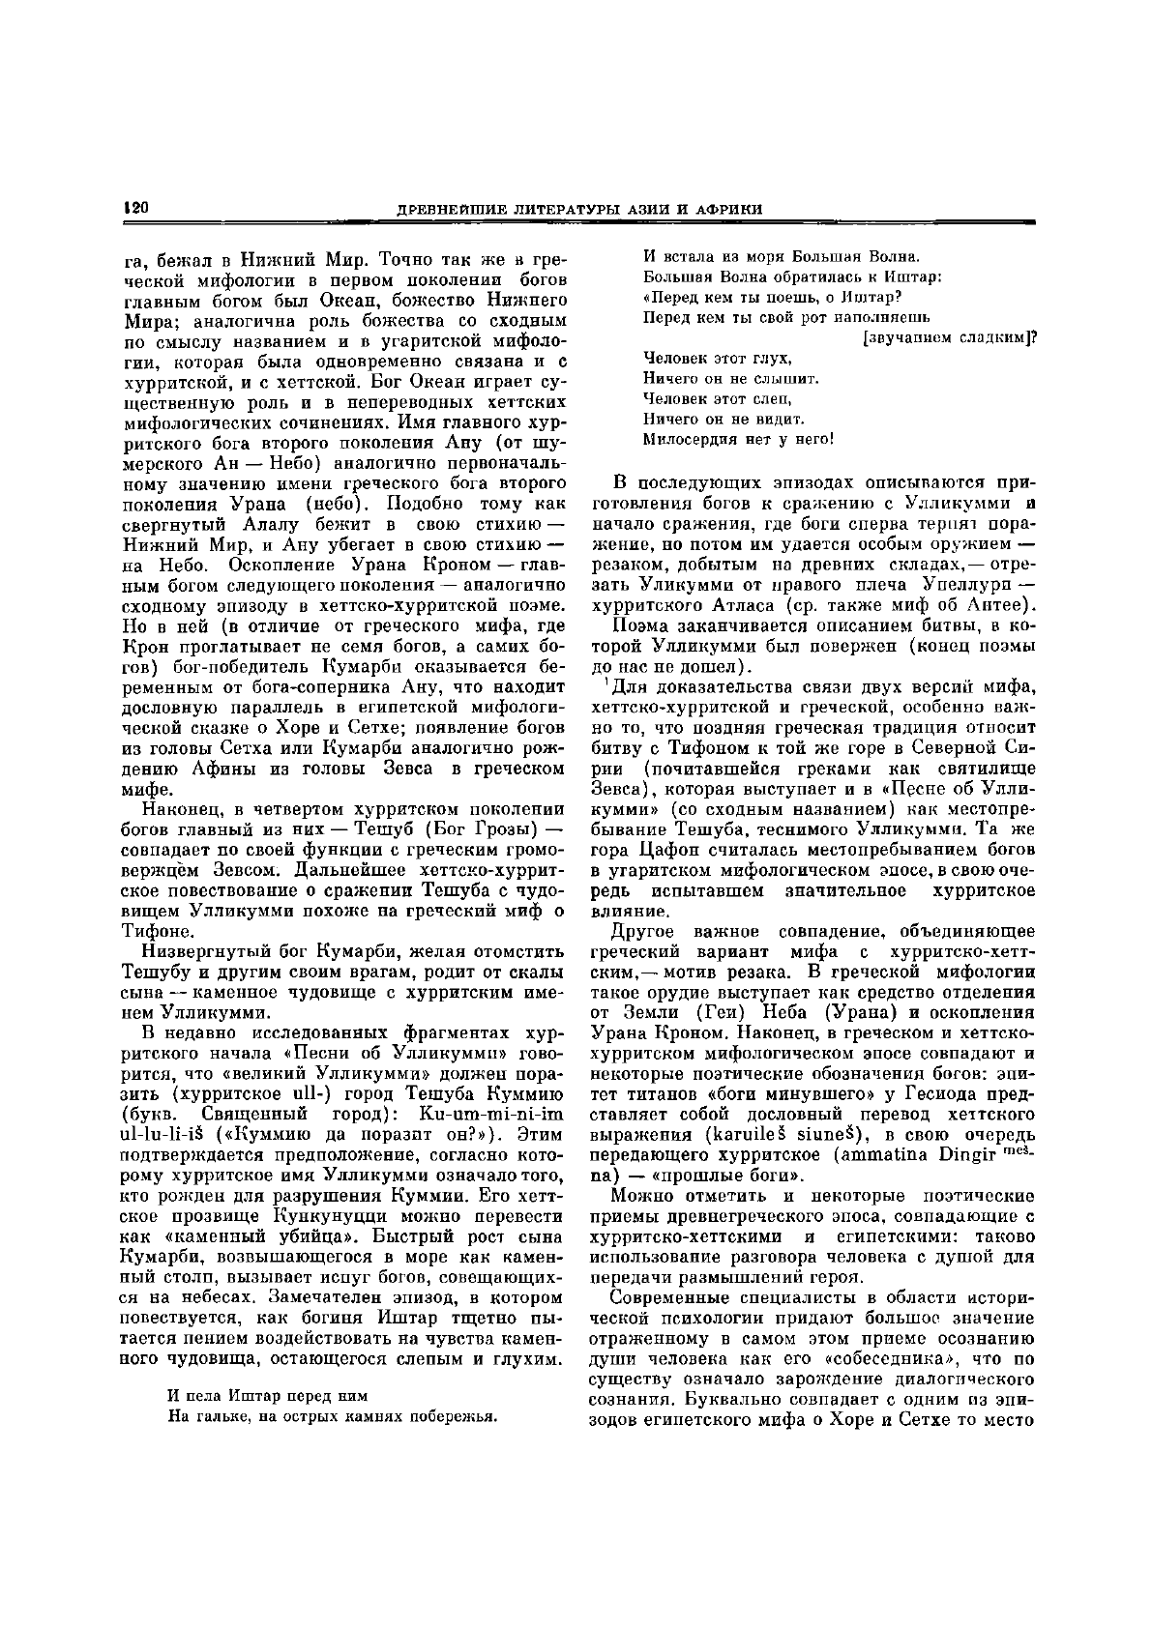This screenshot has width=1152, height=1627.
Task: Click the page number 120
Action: pos(133,209)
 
